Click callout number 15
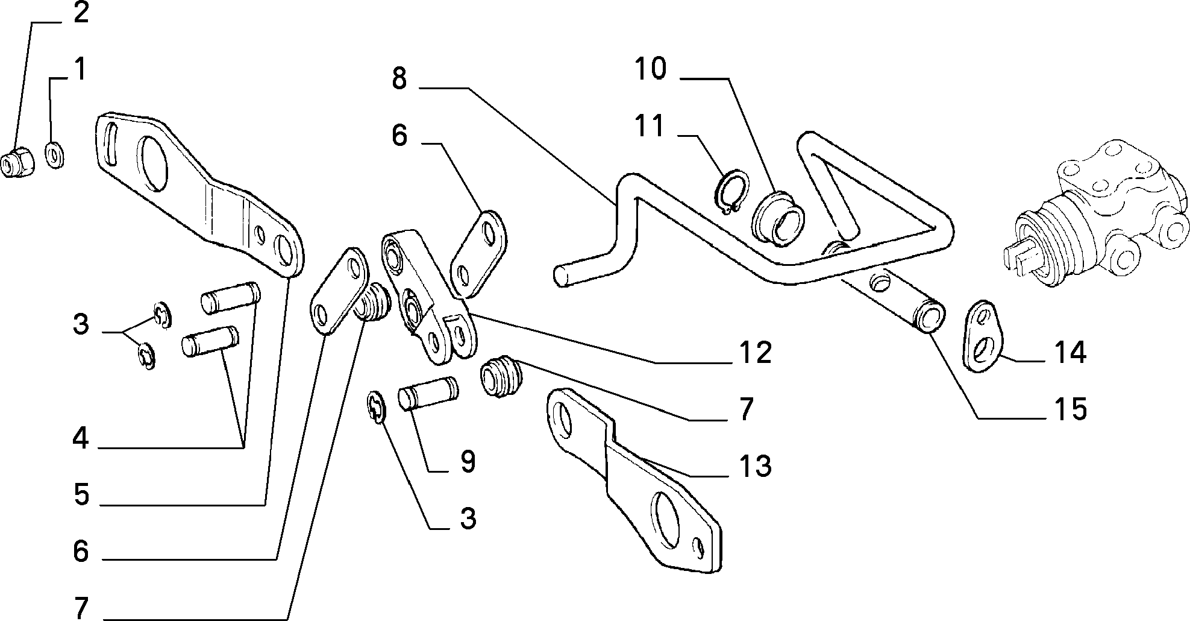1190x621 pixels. click(x=1070, y=409)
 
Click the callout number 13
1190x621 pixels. click(x=754, y=466)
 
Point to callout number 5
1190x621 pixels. click(x=81, y=494)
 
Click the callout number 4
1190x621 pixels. click(x=81, y=439)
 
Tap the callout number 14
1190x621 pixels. click(x=1070, y=352)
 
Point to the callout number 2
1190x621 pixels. click(x=81, y=12)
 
